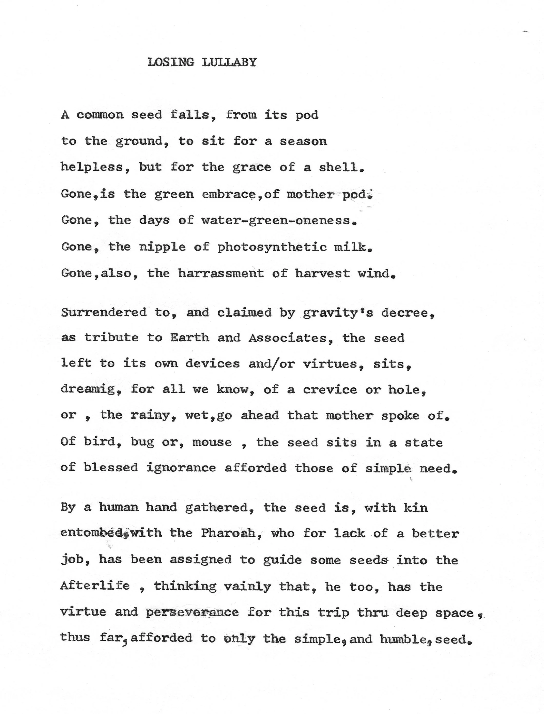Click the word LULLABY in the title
229,62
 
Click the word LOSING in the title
171,62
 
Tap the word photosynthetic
272,247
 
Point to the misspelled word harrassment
221,273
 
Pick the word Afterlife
95,585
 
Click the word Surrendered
104,312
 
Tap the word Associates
288,338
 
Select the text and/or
271,364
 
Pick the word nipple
162,247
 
